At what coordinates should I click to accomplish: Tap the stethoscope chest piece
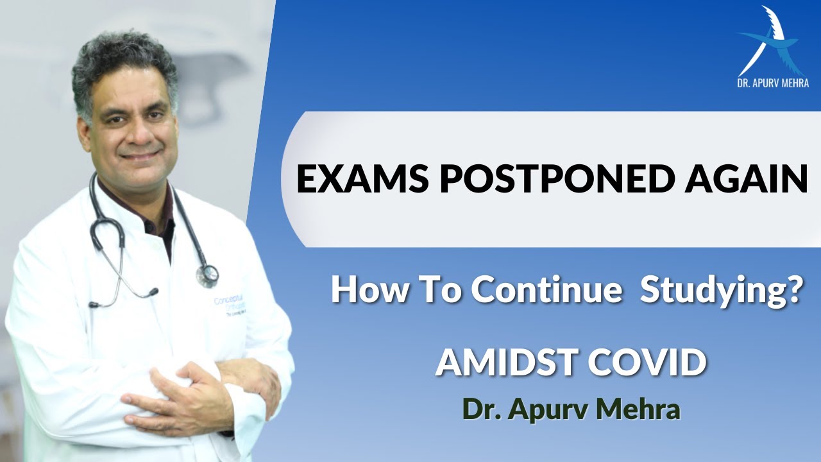[x=207, y=275]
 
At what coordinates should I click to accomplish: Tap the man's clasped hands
[x=192, y=391]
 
